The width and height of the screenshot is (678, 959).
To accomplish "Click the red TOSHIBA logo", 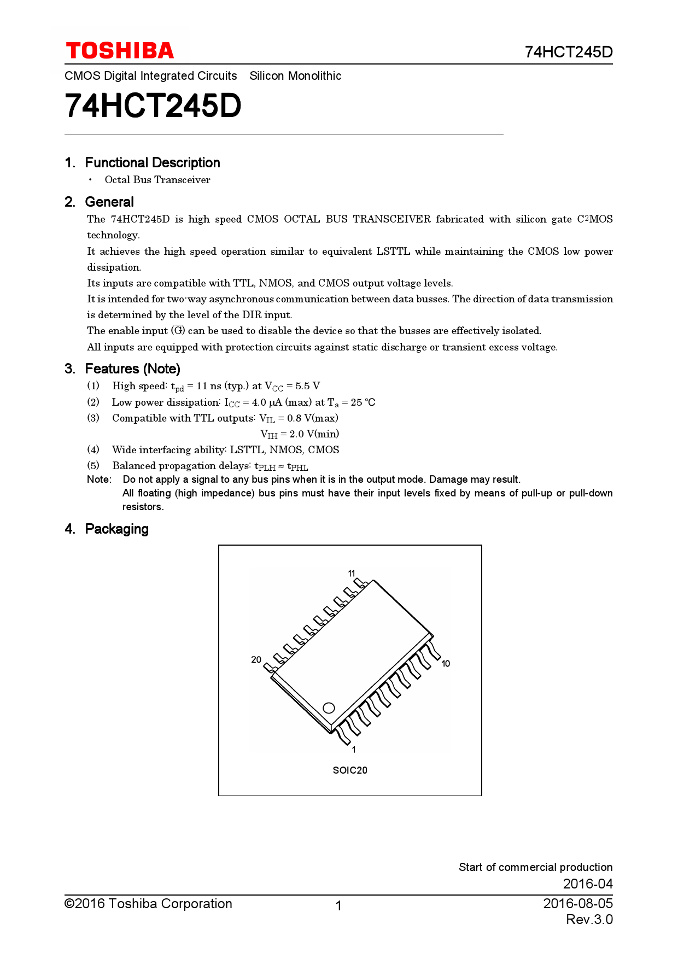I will [x=120, y=51].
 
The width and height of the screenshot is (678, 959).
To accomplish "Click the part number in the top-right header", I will [x=568, y=52].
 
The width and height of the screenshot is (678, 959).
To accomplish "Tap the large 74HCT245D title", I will [x=153, y=106].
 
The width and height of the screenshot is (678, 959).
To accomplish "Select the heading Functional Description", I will [x=152, y=162].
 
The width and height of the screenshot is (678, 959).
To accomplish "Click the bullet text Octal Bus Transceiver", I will [x=157, y=180].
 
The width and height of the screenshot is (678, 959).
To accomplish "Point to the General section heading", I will [x=109, y=202].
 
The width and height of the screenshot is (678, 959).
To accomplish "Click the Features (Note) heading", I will [x=132, y=369].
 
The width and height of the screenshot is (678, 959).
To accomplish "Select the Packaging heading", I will [x=116, y=529].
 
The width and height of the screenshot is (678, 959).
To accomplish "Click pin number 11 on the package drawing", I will [x=352, y=574].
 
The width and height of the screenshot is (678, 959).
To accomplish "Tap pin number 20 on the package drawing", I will [x=256, y=659].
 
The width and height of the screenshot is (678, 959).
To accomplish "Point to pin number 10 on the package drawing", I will [x=446, y=664].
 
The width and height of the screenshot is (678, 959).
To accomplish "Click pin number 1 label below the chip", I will [x=354, y=750].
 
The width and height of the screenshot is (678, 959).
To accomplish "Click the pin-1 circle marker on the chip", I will [x=329, y=707].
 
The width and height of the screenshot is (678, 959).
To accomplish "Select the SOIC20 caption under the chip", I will [x=350, y=770].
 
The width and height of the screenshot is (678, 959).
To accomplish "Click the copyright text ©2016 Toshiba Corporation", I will [x=148, y=903].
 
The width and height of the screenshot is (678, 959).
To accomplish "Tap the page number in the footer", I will [x=338, y=906].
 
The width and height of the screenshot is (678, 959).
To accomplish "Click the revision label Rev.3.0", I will [x=589, y=919].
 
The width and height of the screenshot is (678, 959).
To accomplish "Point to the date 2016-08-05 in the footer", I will [x=577, y=903].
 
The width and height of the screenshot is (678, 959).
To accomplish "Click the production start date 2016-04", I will [x=587, y=884].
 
